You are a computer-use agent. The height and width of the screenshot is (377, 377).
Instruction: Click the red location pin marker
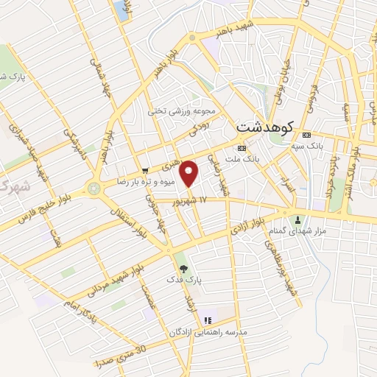click(190, 174)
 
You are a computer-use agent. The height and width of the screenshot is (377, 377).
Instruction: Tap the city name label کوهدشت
click(265, 127)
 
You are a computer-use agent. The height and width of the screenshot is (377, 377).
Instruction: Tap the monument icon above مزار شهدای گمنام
click(298, 219)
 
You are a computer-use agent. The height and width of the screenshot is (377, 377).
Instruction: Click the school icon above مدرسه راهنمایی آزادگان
click(208, 320)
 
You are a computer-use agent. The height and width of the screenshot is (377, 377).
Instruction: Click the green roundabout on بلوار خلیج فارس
click(94, 189)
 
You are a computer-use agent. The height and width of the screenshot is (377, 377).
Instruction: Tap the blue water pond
click(120, 10)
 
